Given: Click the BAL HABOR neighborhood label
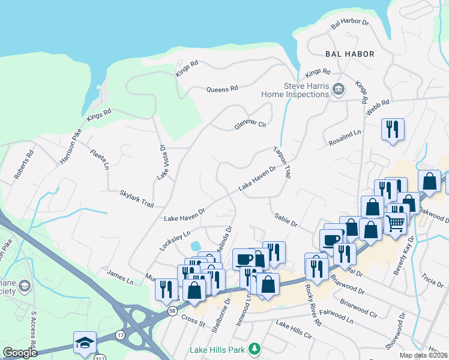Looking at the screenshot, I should tap(349, 54).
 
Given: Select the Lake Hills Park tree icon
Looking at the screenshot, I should tap(255, 348).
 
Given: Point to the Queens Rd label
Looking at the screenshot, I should tap(222, 89).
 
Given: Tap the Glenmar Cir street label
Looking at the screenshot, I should tap(250, 125).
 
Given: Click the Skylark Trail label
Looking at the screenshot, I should tap(137, 199).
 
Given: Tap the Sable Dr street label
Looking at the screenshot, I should tap(286, 220).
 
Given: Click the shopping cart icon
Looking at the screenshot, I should tap(396, 223).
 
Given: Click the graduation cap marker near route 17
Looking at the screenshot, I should tap(85, 343).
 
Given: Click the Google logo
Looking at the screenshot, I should tap(20, 352).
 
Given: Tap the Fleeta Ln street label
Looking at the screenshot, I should tap(100, 157).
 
